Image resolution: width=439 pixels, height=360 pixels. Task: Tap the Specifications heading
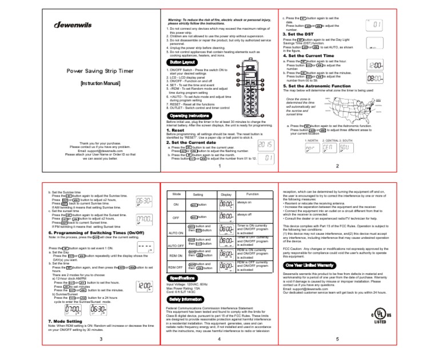coord(182,277)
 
